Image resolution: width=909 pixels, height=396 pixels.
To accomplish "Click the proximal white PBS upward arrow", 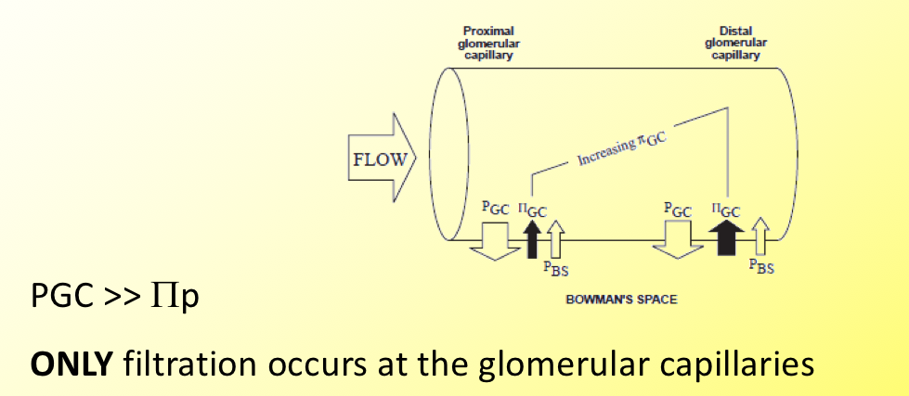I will tap(555, 239).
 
